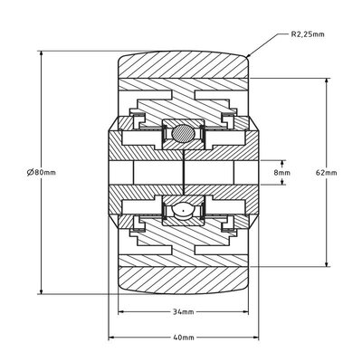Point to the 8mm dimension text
click(283, 172)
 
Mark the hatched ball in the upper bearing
click(181, 134)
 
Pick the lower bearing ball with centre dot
click(181, 210)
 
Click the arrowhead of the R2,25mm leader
click(249, 56)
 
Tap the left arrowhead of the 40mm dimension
click(112, 336)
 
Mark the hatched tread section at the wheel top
click(181, 65)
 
